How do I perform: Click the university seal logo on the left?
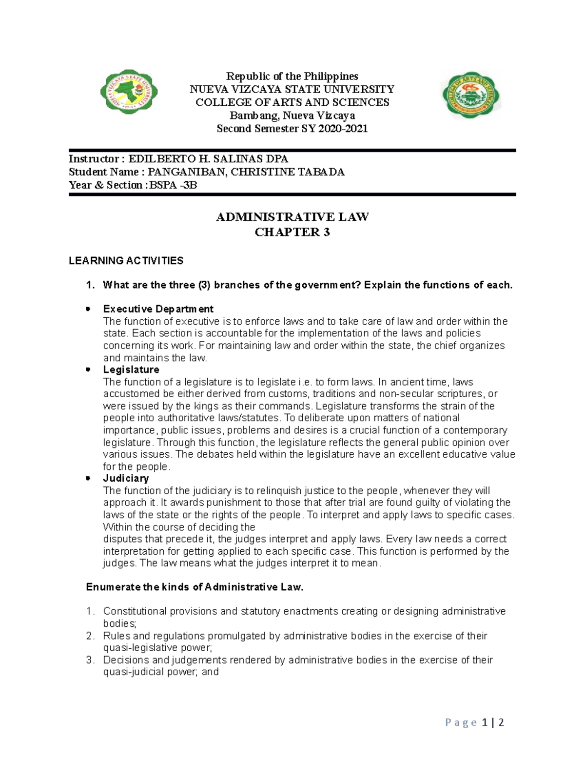pyautogui.click(x=129, y=92)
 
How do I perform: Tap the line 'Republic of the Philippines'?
pyautogui.click(x=292, y=76)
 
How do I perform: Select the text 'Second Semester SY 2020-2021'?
pyautogui.click(x=292, y=129)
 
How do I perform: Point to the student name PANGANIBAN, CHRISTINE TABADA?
pyautogui.click(x=246, y=172)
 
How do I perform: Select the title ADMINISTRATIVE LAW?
pyautogui.click(x=292, y=217)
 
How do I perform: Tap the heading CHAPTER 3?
pyautogui.click(x=292, y=232)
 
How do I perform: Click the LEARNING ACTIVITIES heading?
pyautogui.click(x=126, y=261)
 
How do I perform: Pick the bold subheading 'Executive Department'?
pyautogui.click(x=158, y=309)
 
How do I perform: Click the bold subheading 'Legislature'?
pyautogui.click(x=131, y=369)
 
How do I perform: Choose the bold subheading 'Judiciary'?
pyautogui.click(x=126, y=478)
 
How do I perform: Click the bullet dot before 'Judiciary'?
pyautogui.click(x=88, y=479)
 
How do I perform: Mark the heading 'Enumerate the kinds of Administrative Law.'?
pyautogui.click(x=195, y=587)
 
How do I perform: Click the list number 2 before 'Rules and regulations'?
pyautogui.click(x=89, y=636)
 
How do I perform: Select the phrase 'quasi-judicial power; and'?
pyautogui.click(x=161, y=672)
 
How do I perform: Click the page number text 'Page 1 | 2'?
pyautogui.click(x=474, y=722)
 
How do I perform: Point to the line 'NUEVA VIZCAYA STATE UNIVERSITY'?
pyautogui.click(x=292, y=89)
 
